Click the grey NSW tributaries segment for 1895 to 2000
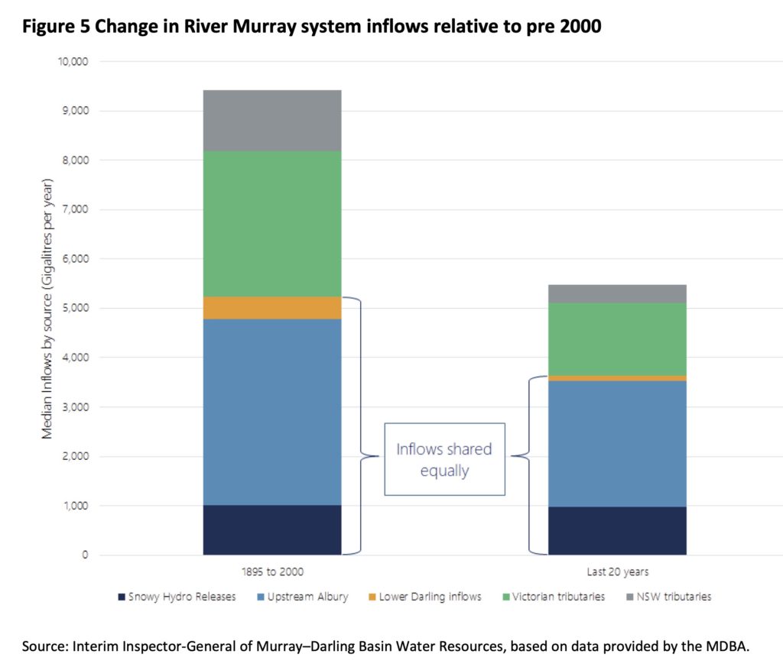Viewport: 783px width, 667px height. (271, 120)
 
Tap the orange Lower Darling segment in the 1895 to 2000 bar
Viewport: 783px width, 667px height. (271, 307)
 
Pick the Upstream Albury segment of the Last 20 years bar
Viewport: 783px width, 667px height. (617, 443)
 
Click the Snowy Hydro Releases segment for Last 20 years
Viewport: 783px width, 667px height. (617, 530)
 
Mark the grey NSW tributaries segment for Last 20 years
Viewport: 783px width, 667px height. (617, 293)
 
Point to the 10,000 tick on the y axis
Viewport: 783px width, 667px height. (73, 61)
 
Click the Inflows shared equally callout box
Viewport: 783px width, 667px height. (444, 458)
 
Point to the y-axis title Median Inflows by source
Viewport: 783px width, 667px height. (47, 309)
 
